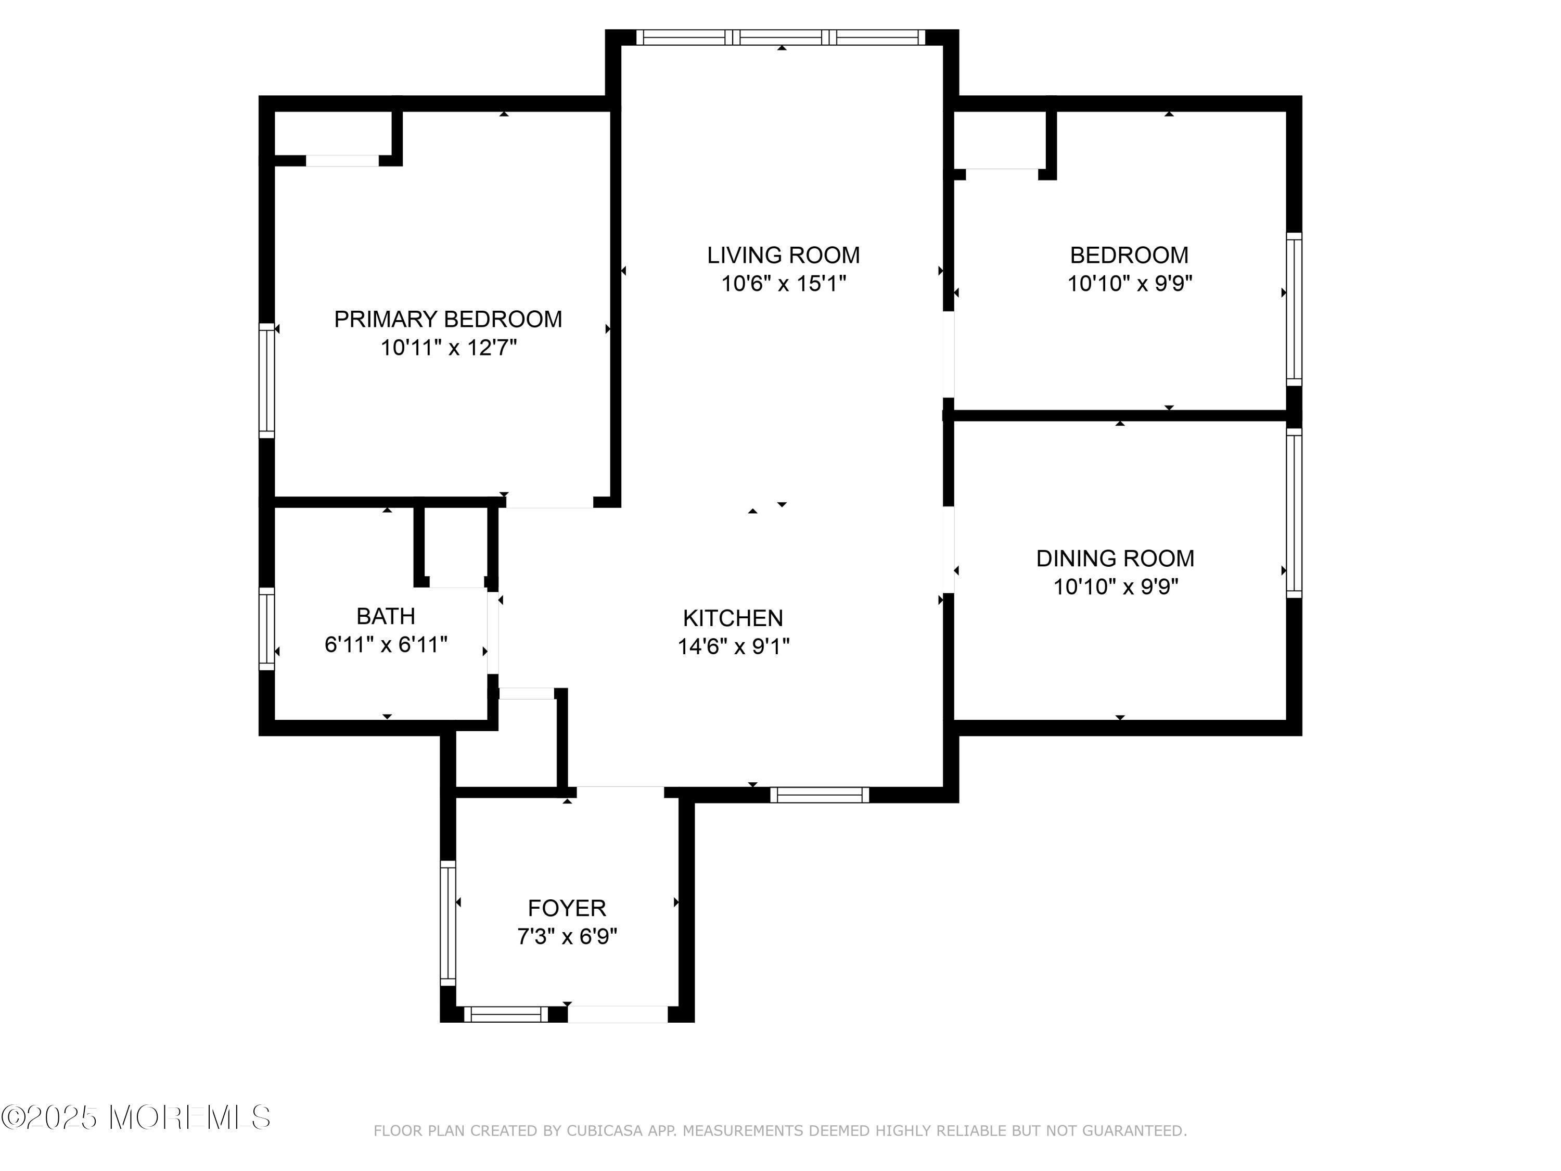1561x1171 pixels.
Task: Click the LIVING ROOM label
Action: [x=783, y=255]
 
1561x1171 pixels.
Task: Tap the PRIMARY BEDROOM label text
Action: [x=448, y=319]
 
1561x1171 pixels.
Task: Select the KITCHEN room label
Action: [x=733, y=618]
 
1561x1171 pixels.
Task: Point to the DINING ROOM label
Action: [x=1115, y=558]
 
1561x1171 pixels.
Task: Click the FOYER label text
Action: [x=567, y=908]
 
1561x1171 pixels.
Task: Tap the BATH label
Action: [x=386, y=616]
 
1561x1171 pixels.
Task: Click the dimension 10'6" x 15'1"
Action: [x=783, y=284]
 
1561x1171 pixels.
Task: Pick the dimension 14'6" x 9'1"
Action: [x=734, y=646]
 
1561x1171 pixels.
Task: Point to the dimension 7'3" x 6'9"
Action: [x=567, y=937]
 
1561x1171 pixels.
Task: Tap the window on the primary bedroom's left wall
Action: [x=267, y=380]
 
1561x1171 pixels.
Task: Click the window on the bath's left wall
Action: [x=267, y=629]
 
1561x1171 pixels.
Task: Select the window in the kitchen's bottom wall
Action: [x=820, y=795]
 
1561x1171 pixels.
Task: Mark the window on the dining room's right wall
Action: [x=1294, y=513]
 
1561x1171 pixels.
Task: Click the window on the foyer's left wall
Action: [x=448, y=923]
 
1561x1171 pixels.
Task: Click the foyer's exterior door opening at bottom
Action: [x=618, y=1014]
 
